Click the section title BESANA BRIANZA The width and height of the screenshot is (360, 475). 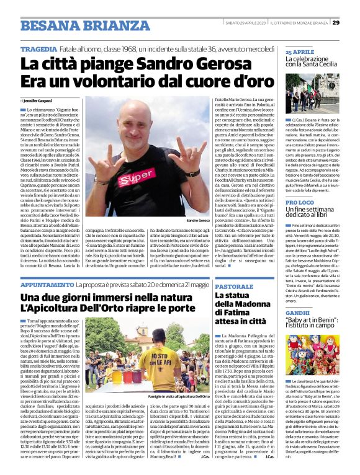coord(76,25)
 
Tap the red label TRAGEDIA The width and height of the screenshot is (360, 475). coord(41,48)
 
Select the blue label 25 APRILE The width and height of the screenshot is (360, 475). coord(300,52)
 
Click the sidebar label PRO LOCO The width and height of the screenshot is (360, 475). coord(300,203)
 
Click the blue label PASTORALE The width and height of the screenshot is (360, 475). coord(234,286)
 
